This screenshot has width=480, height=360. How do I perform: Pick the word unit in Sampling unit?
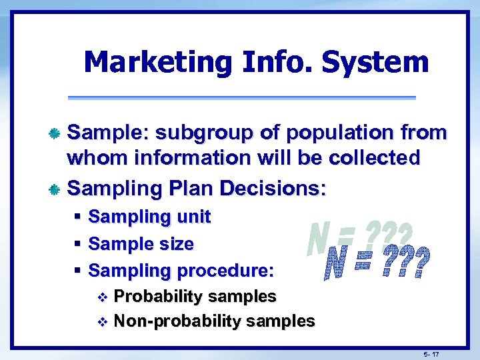coord(193,217)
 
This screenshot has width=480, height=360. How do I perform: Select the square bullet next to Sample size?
coord(77,244)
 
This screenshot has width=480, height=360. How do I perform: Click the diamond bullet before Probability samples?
coord(102,297)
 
